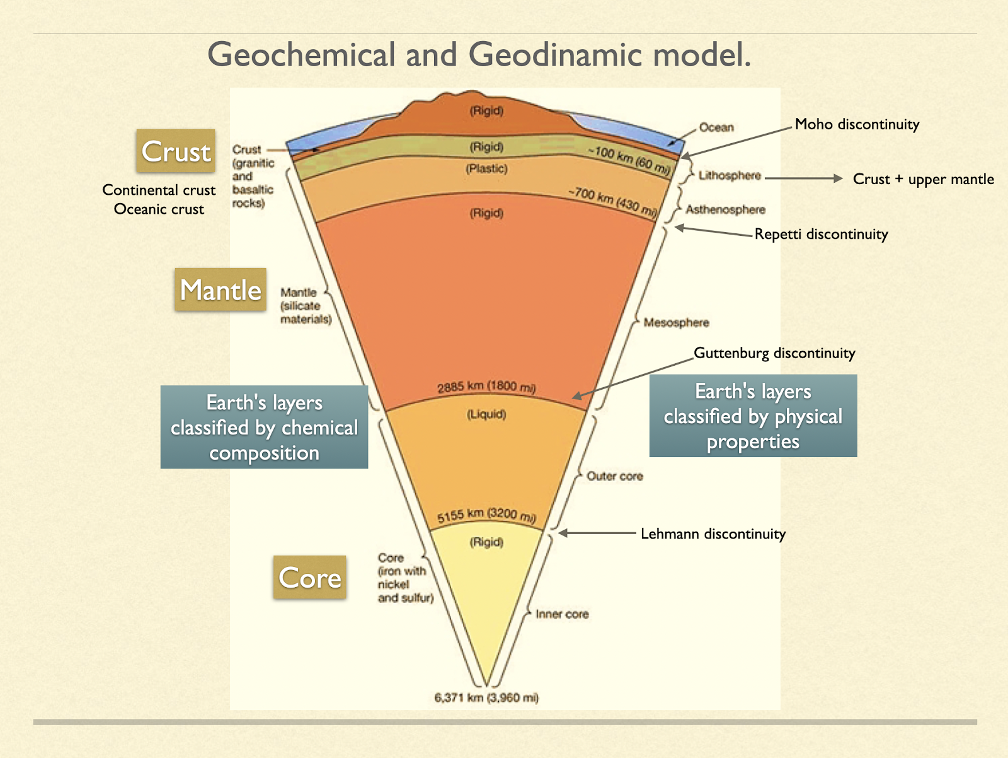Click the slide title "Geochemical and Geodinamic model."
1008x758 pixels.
(479, 54)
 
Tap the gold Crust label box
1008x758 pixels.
(176, 151)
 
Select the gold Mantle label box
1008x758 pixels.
(220, 290)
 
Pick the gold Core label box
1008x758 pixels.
(310, 578)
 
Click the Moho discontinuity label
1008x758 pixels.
(857, 124)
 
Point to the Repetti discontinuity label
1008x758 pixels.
(821, 235)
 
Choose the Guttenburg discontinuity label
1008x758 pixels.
(774, 353)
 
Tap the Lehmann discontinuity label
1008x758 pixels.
(713, 534)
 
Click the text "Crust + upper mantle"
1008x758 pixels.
(923, 179)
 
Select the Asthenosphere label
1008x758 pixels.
(725, 209)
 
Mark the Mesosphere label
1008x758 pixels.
(676, 323)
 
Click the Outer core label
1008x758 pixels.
(615, 476)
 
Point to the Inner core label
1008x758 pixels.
(562, 614)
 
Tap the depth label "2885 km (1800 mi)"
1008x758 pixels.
(486, 387)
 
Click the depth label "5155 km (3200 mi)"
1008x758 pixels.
(486, 515)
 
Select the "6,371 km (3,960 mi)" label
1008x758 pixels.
(486, 697)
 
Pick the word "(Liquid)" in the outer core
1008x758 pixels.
(486, 414)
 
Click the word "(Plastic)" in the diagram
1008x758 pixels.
(486, 168)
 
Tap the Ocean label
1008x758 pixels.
(716, 127)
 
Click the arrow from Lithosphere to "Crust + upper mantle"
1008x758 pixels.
(803, 178)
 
